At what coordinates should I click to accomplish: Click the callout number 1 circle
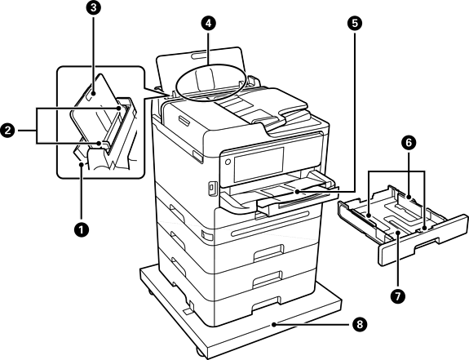(81, 230)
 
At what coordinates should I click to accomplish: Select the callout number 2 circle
(8, 131)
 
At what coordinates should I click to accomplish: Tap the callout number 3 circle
(94, 8)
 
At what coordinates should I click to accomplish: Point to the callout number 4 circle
(208, 24)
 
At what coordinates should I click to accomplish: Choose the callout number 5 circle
(355, 24)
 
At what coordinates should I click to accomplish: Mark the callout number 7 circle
(397, 296)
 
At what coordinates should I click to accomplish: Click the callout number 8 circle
(359, 324)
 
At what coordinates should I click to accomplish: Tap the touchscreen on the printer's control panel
(259, 164)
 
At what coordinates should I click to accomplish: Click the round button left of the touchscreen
(228, 162)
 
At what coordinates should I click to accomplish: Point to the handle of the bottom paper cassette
(266, 304)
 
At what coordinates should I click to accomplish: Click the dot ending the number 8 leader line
(274, 324)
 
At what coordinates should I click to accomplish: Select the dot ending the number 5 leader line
(296, 191)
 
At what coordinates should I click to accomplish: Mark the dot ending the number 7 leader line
(397, 233)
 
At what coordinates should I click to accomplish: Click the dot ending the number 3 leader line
(94, 93)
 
